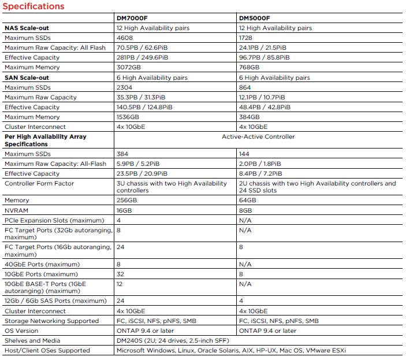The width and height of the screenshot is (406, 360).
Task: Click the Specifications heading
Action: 33,6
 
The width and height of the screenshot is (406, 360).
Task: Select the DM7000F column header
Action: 133,18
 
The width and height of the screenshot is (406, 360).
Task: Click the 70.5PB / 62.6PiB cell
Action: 142,47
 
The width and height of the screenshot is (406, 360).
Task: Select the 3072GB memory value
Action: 129,67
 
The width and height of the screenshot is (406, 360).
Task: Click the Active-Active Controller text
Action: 258,136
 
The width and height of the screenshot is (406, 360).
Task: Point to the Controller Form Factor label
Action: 39,183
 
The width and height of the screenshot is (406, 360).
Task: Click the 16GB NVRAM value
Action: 125,211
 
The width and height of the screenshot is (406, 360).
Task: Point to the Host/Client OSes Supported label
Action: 47,350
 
